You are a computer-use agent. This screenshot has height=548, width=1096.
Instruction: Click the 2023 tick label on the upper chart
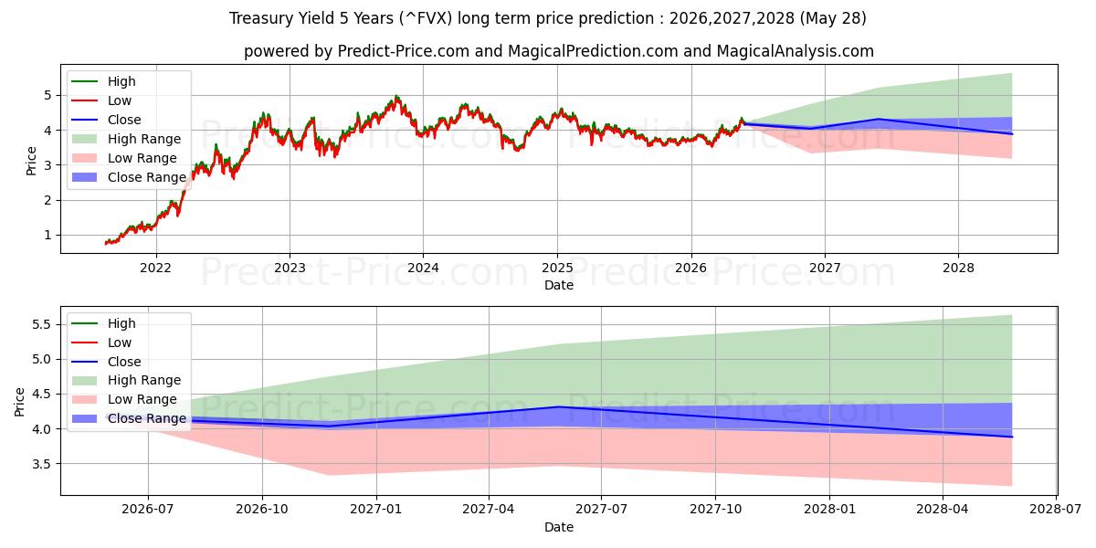click(x=290, y=269)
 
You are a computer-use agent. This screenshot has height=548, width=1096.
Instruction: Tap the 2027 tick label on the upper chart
click(x=825, y=269)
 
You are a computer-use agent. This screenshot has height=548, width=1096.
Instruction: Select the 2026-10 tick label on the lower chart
click(x=262, y=510)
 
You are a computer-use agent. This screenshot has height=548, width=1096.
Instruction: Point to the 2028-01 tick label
click(x=830, y=510)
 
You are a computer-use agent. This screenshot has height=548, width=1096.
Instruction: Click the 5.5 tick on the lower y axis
click(x=42, y=324)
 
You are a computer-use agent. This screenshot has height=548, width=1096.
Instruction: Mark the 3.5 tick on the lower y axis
click(x=42, y=464)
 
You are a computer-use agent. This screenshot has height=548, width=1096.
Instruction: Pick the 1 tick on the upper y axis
click(x=47, y=236)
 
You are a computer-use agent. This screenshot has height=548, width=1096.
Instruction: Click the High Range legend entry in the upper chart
click(x=126, y=139)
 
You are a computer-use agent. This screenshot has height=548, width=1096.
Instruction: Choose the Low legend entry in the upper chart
click(x=101, y=100)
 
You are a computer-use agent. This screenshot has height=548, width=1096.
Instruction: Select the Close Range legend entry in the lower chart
click(x=129, y=419)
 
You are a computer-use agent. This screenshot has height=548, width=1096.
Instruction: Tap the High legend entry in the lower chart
click(x=104, y=323)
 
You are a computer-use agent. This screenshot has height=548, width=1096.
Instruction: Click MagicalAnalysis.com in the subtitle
click(x=796, y=51)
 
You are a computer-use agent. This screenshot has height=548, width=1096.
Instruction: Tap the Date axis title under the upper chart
click(x=559, y=285)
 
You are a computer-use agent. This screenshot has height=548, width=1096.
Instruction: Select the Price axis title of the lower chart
click(x=19, y=402)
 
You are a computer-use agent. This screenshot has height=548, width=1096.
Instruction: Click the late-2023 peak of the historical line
click(x=395, y=97)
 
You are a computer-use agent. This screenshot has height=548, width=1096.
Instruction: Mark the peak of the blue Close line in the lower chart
click(x=559, y=406)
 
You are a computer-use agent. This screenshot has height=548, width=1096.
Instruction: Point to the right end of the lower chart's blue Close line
click(x=1012, y=437)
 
